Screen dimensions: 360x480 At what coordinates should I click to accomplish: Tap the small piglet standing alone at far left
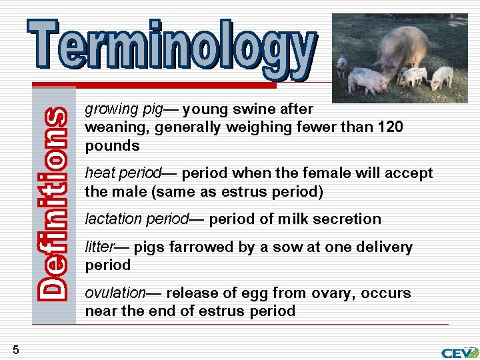(x=342, y=65)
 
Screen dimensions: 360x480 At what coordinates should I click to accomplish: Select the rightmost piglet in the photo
(x=442, y=77)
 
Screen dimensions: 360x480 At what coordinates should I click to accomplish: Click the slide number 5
(x=15, y=349)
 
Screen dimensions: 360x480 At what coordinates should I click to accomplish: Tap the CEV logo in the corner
(x=459, y=352)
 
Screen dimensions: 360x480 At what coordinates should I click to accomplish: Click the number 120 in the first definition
(x=390, y=127)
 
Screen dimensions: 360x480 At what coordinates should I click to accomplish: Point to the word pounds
(x=112, y=145)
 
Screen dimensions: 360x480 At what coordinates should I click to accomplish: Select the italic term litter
(x=99, y=247)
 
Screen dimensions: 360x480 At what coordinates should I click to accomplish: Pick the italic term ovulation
(x=115, y=293)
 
